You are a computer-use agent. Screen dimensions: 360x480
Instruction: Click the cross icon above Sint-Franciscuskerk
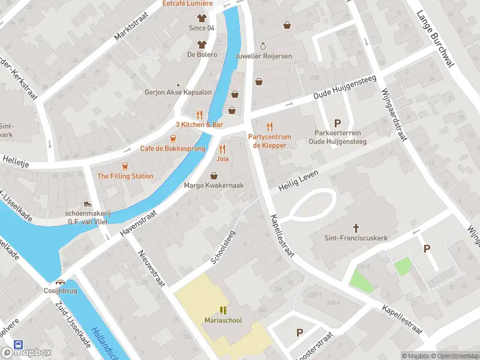356,227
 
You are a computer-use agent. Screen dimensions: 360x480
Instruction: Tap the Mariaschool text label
223,320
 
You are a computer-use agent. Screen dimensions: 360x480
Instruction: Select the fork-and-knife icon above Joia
223,149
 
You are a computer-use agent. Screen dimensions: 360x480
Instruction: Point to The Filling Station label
125,176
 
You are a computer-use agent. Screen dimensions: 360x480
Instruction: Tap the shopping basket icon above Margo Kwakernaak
214,175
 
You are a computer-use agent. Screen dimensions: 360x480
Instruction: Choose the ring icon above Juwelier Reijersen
262,46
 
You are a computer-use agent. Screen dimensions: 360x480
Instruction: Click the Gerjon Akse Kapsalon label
178,92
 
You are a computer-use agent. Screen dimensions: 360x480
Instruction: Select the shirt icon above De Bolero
202,44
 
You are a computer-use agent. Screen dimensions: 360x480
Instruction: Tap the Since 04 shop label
202,28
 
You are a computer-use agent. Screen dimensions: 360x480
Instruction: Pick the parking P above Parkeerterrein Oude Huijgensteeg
337,123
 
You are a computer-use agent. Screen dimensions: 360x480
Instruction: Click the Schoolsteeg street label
224,247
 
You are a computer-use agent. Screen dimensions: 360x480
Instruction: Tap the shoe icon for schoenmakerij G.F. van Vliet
88,204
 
